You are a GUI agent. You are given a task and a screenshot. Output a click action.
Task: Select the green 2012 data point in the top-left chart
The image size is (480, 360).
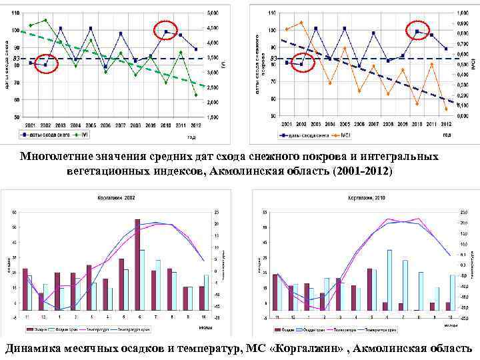pyautogui.click(x=196, y=95)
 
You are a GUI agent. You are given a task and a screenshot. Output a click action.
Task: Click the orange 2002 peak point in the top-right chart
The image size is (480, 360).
pyautogui.click(x=301, y=23)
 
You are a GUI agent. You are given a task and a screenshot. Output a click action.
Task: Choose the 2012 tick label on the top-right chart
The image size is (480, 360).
pyautogui.click(x=446, y=125)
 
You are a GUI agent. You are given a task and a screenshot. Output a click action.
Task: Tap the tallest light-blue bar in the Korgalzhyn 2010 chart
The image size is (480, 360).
pyautogui.click(x=390, y=280)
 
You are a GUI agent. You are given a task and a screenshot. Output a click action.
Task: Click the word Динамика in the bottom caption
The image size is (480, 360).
pyautogui.click(x=36, y=348)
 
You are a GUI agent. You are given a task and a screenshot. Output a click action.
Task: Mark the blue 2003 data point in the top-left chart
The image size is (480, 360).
pyautogui.click(x=61, y=28)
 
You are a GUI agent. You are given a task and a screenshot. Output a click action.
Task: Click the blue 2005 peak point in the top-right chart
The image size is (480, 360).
pyautogui.click(x=345, y=28)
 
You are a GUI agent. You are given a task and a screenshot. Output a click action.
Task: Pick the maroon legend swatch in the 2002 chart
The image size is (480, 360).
pyautogui.click(x=30, y=329)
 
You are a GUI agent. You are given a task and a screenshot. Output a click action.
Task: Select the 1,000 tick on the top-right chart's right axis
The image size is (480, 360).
pyautogui.click(x=462, y=13)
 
